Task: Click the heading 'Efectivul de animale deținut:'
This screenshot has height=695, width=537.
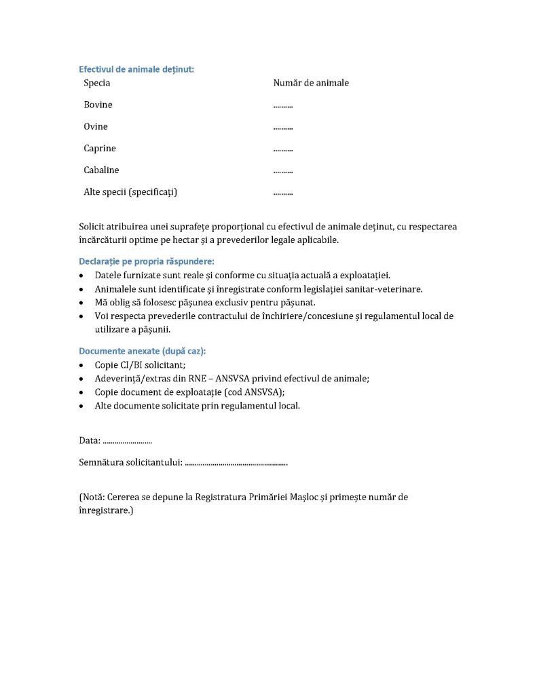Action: click(x=136, y=69)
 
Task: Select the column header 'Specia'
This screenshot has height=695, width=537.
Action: click(x=97, y=83)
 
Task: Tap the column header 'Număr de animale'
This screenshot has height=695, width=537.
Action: click(x=311, y=83)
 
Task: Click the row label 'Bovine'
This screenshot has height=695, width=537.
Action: click(x=98, y=105)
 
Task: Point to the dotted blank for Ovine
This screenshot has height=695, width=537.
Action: click(x=283, y=128)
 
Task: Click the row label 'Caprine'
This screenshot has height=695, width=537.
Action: click(x=100, y=149)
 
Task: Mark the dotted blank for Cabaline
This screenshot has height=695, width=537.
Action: click(x=283, y=171)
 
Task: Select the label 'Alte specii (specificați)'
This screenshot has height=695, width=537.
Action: click(x=130, y=192)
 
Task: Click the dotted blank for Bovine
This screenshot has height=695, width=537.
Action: click(x=283, y=106)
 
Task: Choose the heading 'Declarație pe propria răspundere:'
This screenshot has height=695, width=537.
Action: click(x=147, y=261)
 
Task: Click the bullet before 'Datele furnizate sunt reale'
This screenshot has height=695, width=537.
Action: click(x=82, y=276)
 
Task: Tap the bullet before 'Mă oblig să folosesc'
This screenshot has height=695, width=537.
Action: click(x=82, y=303)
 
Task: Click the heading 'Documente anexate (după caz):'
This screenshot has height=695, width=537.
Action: click(x=143, y=351)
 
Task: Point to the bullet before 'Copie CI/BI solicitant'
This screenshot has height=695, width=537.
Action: click(x=82, y=366)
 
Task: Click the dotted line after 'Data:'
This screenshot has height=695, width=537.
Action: click(x=127, y=442)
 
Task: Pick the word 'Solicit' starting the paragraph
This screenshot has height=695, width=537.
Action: click(x=93, y=227)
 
